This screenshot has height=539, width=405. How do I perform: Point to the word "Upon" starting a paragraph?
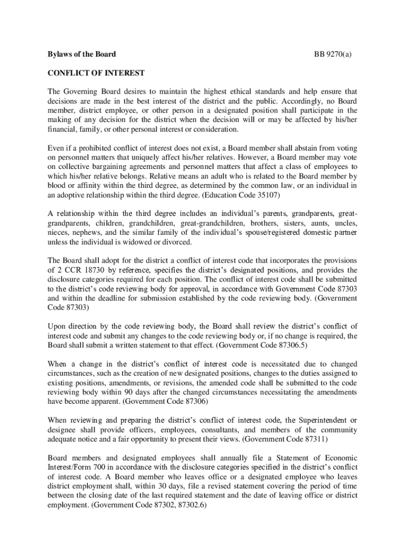[x=57, y=326]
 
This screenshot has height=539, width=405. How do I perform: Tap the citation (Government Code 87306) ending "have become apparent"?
[x=156, y=401]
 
